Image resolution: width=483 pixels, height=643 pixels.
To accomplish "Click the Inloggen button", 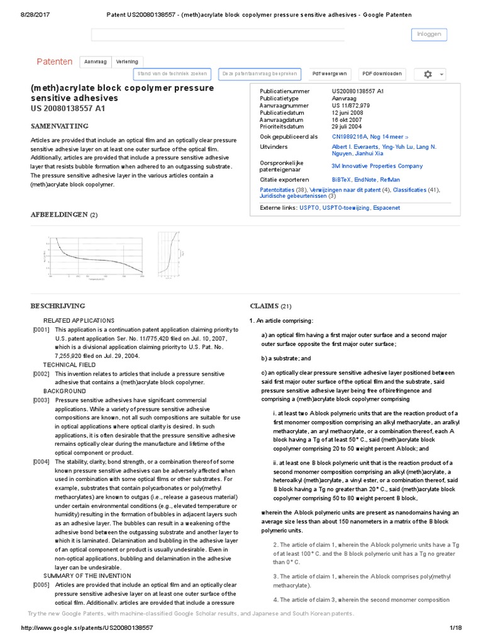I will (430, 34).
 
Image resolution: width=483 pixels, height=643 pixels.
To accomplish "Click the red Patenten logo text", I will (54, 62).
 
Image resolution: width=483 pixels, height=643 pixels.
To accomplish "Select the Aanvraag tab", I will (96, 62).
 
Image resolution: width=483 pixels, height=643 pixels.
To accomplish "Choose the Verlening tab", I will (128, 62).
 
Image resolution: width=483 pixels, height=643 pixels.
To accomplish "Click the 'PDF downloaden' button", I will (382, 74).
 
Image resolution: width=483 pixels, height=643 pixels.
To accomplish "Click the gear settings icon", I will (428, 74).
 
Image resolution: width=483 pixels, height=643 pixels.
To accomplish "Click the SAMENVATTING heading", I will (60, 126).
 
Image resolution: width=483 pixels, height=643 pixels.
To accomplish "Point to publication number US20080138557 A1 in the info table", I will (358, 92).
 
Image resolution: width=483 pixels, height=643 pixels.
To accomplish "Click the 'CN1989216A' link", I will (353, 136).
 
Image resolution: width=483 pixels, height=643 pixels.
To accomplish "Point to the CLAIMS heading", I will (264, 306).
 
